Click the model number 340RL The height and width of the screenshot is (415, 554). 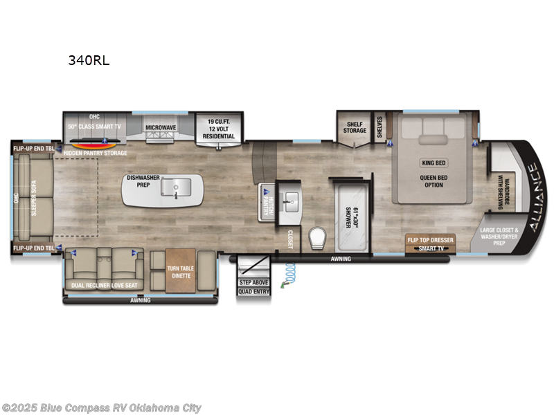(88, 60)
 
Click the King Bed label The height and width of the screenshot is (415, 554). (433, 163)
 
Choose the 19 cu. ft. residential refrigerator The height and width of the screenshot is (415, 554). (218, 128)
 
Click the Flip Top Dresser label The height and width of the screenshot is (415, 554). (430, 240)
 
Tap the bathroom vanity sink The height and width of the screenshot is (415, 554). (289, 202)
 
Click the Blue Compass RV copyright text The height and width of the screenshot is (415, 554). (102, 408)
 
